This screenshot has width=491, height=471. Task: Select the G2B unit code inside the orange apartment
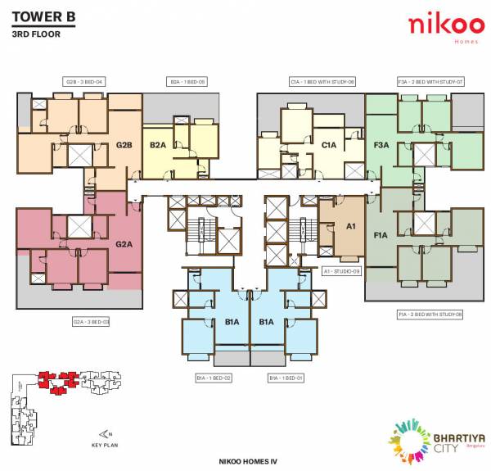[124, 145]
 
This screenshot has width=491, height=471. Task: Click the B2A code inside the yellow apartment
[158, 145]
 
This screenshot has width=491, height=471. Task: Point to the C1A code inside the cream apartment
[329, 145]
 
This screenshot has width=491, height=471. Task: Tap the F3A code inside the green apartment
[381, 145]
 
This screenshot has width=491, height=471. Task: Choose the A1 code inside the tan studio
[351, 226]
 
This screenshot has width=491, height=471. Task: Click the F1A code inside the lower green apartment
[381, 235]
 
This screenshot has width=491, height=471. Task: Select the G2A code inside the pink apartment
[124, 243]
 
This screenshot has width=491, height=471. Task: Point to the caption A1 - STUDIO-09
[342, 270]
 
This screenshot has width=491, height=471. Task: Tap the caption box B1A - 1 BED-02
[214, 378]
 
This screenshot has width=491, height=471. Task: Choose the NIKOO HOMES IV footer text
[245, 463]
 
